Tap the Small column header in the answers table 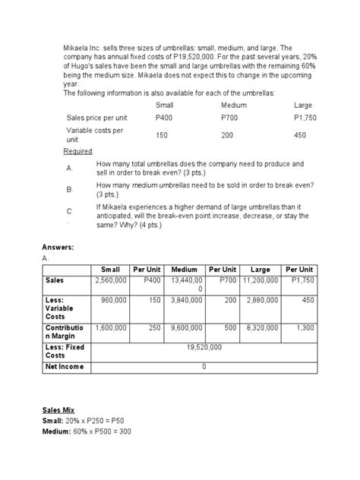pos(111,269)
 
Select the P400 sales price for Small pos(163,118)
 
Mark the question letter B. pos(69,188)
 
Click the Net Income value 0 pos(204,366)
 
